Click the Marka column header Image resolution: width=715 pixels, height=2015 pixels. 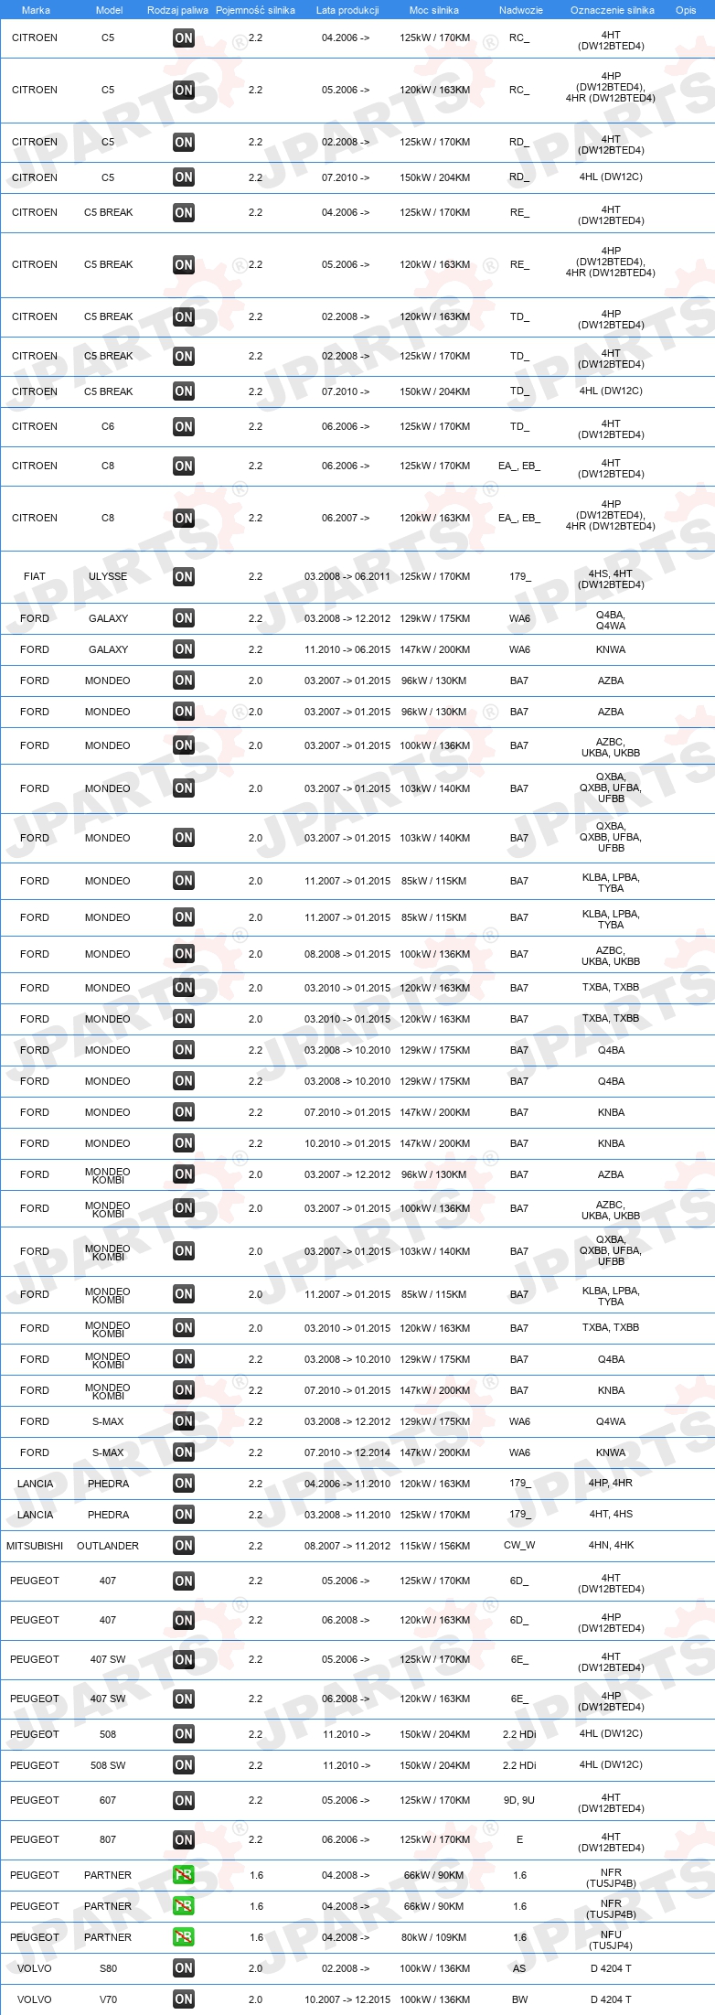click(36, 10)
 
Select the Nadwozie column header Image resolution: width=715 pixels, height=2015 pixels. click(520, 10)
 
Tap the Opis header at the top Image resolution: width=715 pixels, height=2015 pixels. click(686, 10)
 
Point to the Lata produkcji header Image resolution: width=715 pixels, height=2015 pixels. click(347, 10)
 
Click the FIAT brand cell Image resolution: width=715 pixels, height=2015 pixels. click(35, 576)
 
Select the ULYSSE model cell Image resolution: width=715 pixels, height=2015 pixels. click(108, 576)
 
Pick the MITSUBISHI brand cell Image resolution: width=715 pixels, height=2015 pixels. click(35, 1546)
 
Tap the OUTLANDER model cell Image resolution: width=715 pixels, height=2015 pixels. click(108, 1546)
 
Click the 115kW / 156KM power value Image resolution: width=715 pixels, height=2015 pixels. click(434, 1546)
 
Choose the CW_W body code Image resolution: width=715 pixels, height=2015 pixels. click(519, 1546)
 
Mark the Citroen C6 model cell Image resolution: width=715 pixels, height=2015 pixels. click(108, 426)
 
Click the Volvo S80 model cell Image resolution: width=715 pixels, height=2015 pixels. click(108, 1968)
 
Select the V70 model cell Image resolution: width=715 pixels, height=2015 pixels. click(108, 1999)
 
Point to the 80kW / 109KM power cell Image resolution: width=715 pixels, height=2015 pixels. click(434, 1937)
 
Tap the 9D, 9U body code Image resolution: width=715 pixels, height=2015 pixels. click(519, 1800)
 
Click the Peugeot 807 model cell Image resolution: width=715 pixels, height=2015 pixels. click(108, 1839)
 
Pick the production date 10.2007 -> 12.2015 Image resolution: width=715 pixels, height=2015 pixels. click(347, 1999)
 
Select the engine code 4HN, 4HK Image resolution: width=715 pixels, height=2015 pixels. click(611, 1546)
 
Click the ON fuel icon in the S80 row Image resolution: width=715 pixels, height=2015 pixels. click(184, 1968)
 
